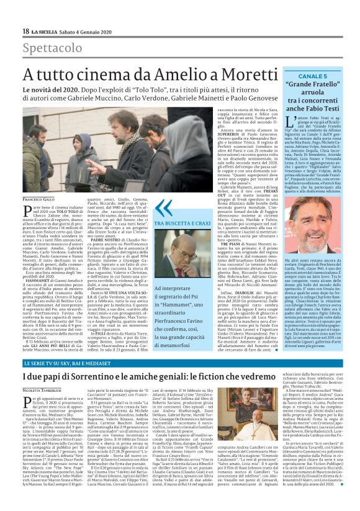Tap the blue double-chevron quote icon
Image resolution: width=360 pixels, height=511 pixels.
click(x=163, y=209)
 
